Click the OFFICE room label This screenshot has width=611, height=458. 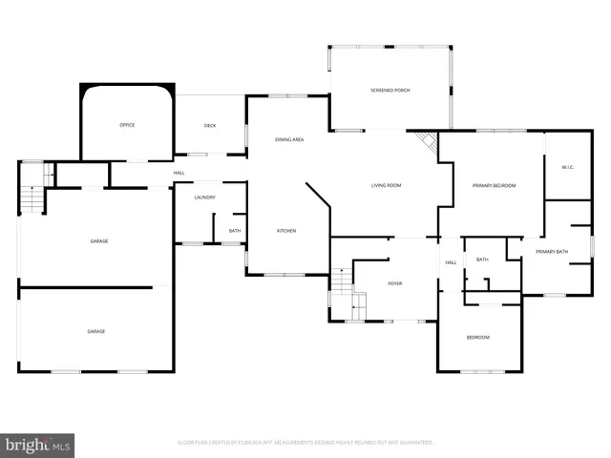[x=126, y=126]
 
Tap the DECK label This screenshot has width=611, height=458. [x=210, y=126]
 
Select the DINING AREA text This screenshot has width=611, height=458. [x=289, y=140]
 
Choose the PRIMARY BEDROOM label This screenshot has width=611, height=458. [x=494, y=185]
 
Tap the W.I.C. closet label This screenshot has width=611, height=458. [x=565, y=168]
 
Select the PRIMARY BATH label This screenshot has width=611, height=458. [x=551, y=251]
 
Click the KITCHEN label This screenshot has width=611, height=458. [x=286, y=231]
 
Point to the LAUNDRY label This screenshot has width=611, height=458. [x=204, y=198]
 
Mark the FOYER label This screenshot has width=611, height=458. [x=395, y=282]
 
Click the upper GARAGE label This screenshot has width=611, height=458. [x=98, y=241]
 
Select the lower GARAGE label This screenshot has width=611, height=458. [x=96, y=331]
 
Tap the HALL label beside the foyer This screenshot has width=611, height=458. [x=451, y=262]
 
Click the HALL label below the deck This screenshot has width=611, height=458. [x=179, y=173]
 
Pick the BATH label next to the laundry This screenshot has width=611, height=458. [x=234, y=231]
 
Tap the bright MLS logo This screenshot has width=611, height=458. [x=37, y=445]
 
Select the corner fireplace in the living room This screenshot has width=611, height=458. [x=429, y=145]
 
